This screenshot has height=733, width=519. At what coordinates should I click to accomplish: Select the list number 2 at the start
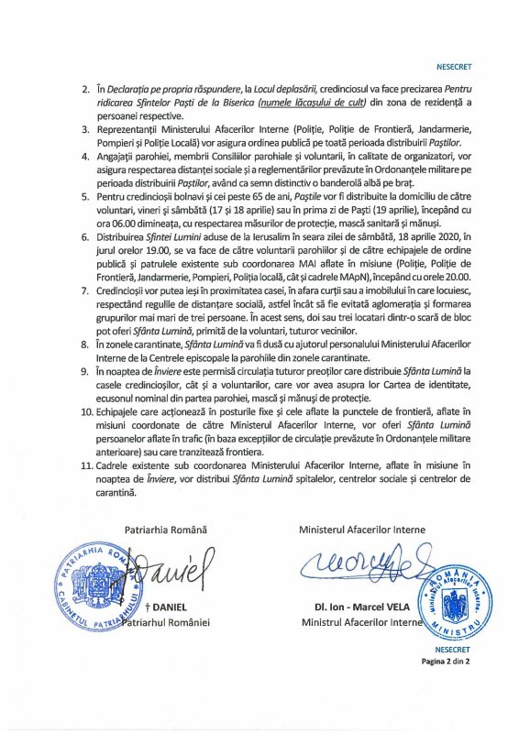point(84,89)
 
